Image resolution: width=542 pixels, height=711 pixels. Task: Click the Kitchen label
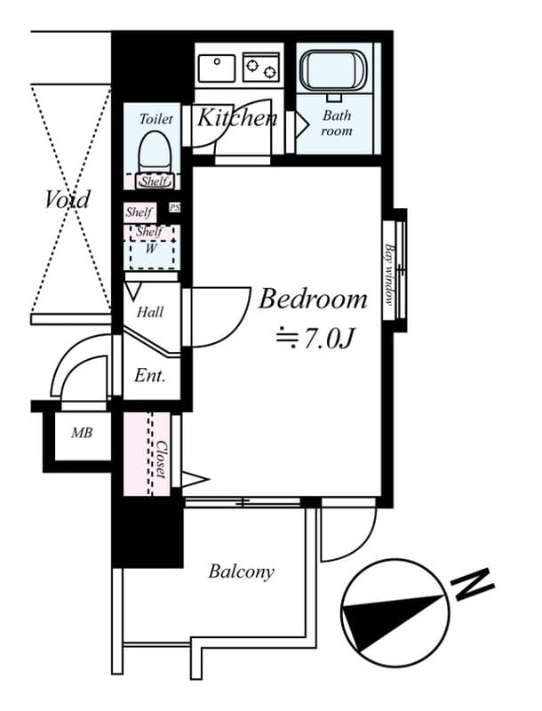[236, 117]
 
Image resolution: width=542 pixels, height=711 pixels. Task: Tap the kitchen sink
[217, 67]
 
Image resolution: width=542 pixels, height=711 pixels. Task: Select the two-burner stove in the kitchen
[261, 66]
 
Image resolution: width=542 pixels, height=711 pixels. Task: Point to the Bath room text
[337, 123]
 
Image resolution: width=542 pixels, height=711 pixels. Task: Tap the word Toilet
[156, 117]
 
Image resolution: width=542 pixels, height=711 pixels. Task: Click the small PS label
[174, 208]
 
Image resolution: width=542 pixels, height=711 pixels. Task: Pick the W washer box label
[151, 249]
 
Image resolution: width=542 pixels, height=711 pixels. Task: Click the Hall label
[149, 312]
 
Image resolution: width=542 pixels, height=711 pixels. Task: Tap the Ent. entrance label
[149, 376]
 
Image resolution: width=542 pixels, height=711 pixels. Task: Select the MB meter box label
[82, 434]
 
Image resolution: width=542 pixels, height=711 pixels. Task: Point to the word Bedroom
[313, 300]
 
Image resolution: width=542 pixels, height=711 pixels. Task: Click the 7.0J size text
[316, 339]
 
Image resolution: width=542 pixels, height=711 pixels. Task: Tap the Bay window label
[389, 275]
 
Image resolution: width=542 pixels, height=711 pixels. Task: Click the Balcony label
[241, 571]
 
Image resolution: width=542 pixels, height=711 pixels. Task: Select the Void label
[68, 199]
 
